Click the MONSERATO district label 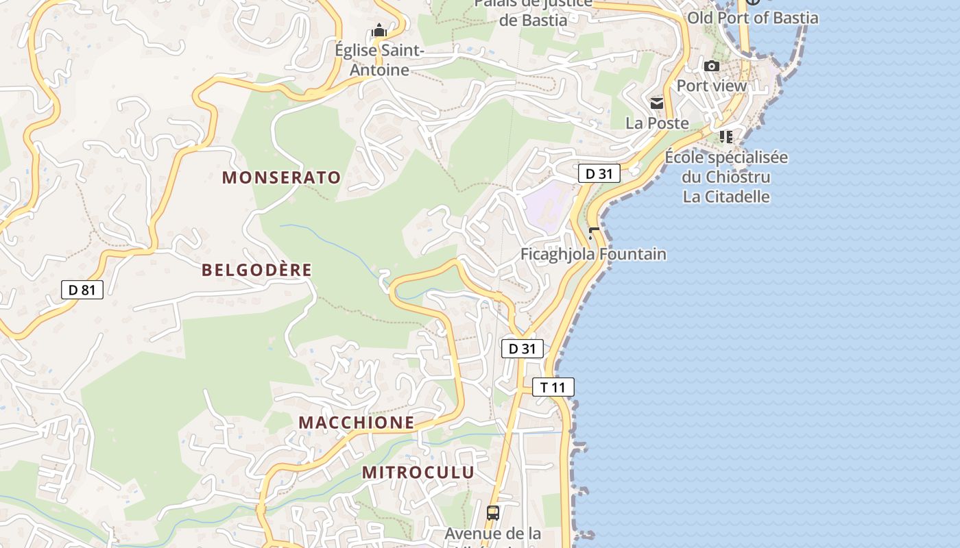(281, 177)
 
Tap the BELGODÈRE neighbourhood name (256, 270)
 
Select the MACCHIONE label (357, 423)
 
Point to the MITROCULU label (418, 472)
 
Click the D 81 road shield (82, 290)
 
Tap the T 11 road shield (553, 387)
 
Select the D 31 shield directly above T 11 (522, 349)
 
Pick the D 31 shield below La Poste (599, 173)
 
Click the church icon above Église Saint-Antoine (379, 31)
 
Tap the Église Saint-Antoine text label (379, 60)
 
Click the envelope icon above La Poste (657, 103)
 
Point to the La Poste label (657, 123)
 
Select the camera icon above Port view (712, 66)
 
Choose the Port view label (712, 86)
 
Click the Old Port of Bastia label (753, 18)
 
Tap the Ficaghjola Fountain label (593, 254)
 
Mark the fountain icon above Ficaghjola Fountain (593, 234)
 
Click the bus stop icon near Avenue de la (492, 512)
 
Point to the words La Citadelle (726, 197)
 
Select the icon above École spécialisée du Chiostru (726, 137)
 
